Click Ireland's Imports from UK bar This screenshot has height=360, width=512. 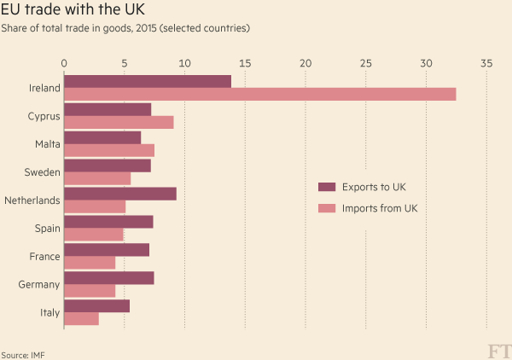pyautogui.click(x=259, y=95)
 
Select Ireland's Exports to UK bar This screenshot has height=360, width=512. pyautogui.click(x=148, y=81)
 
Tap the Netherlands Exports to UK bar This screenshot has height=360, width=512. pyautogui.click(x=120, y=194)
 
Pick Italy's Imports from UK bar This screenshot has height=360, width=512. pyautogui.click(x=81, y=319)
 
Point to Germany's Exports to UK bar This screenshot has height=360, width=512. pyautogui.click(x=109, y=277)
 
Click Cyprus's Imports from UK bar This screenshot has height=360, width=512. pyautogui.click(x=119, y=122)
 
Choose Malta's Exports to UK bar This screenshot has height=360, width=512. pyautogui.click(x=102, y=137)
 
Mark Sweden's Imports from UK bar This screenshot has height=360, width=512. pyautogui.click(x=97, y=178)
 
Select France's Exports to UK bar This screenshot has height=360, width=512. pyautogui.click(x=107, y=249)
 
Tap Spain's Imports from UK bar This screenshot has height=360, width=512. pyautogui.click(x=94, y=235)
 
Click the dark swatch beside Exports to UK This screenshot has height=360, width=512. pyautogui.click(x=326, y=187)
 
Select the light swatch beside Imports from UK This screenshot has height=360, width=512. pyautogui.click(x=326, y=208)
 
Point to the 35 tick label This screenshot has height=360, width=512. pyautogui.click(x=486, y=63)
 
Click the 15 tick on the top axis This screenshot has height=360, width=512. pyautogui.click(x=245, y=63)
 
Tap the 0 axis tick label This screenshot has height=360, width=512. pyautogui.click(x=64, y=63)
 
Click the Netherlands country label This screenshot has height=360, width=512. pyautogui.click(x=32, y=200)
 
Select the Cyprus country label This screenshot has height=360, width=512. pyautogui.click(x=44, y=116)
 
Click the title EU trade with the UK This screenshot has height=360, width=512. pyautogui.click(x=73, y=11)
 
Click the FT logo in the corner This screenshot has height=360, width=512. pyautogui.click(x=496, y=350)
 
